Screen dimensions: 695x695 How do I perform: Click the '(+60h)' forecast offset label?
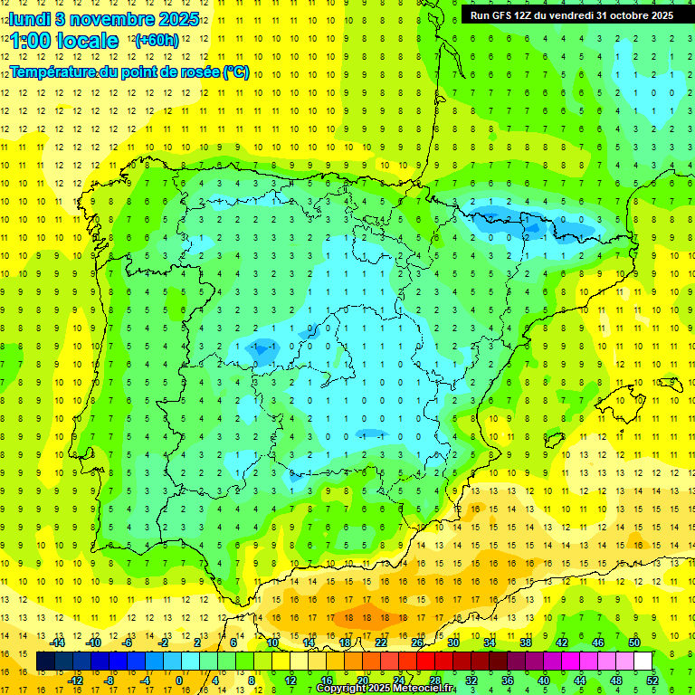pyautogui.click(x=157, y=41)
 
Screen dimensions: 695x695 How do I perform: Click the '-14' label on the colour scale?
pyautogui.click(x=59, y=643)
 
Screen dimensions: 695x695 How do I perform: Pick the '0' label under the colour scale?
pyautogui.click(x=179, y=680)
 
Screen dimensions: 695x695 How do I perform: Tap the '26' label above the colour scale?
pyautogui.click(x=417, y=643)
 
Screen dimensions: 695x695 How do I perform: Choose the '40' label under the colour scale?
pyautogui.click(x=542, y=680)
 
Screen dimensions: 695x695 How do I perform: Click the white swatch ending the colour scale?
pyautogui.click(x=643, y=662)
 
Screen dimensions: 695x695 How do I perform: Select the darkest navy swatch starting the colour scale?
pyautogui.click(x=45, y=662)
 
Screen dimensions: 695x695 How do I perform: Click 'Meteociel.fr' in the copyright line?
pyautogui.click(x=418, y=689)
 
